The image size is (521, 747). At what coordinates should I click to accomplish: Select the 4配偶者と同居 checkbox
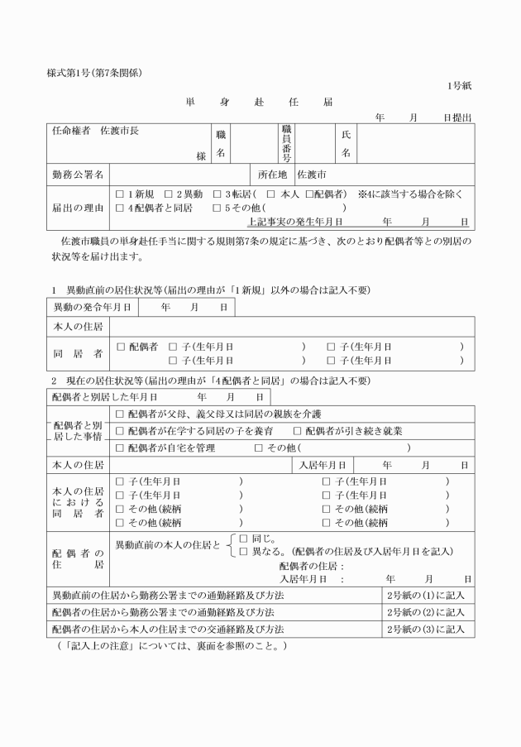point(121,208)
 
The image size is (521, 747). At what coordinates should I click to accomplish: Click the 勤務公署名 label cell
point(77,175)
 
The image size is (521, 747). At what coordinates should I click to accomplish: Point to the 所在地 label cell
point(271,175)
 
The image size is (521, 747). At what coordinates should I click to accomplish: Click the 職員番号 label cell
point(286,143)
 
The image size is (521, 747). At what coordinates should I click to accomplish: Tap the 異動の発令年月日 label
point(91,307)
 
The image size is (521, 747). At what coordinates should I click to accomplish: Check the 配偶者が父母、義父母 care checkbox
point(121,414)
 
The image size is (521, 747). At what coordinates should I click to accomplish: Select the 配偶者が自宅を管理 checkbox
point(121,448)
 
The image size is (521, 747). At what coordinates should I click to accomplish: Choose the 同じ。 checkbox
point(244,539)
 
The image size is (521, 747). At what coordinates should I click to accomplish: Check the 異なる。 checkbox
point(244,551)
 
